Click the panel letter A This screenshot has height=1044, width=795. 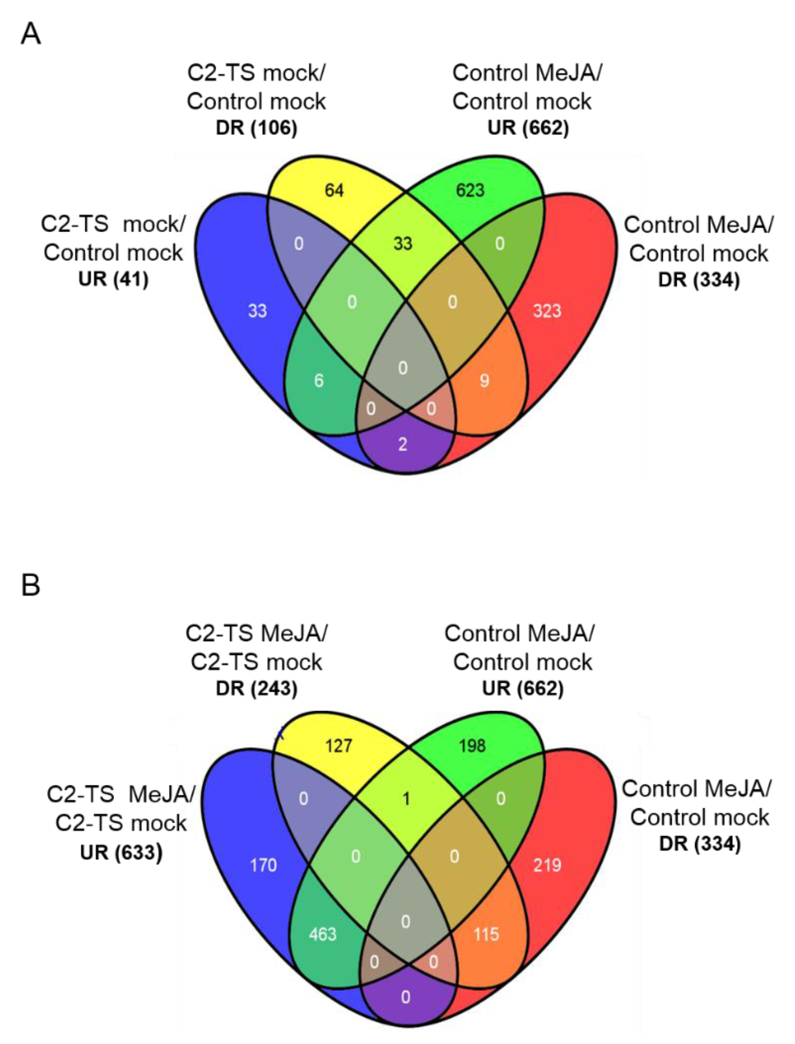(31, 35)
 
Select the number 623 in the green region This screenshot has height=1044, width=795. (470, 190)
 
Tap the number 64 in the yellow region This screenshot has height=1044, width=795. (334, 190)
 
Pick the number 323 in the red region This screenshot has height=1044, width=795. (547, 311)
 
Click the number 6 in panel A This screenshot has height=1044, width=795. (319, 381)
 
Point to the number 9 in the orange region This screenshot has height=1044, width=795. (484, 381)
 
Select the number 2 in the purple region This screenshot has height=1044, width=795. (402, 444)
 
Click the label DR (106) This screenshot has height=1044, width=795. (256, 128)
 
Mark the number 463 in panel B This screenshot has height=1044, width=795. (323, 934)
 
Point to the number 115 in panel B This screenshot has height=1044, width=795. (486, 934)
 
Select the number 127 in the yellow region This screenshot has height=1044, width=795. (338, 746)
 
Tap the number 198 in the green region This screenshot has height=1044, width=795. (472, 746)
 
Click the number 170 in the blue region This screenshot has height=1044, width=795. (263, 865)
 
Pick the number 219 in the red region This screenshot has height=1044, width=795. (547, 865)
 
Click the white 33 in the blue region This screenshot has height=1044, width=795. (258, 311)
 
